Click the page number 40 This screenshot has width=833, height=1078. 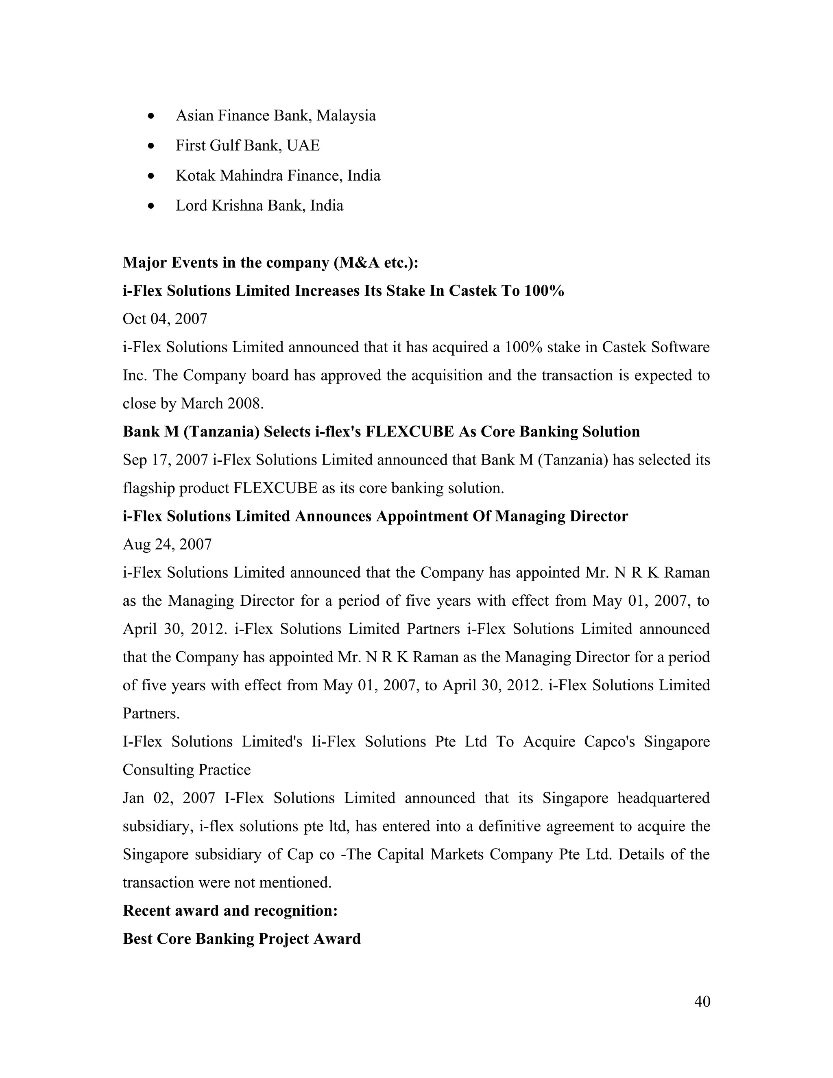point(702,1001)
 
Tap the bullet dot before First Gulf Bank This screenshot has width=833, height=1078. point(151,146)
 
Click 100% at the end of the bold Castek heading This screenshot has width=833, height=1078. point(544,291)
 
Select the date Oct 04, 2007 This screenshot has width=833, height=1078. point(165,319)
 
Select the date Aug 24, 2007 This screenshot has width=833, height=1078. point(167,544)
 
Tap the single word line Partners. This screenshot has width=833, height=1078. point(151,714)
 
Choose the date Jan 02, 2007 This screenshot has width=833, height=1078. point(169,798)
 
